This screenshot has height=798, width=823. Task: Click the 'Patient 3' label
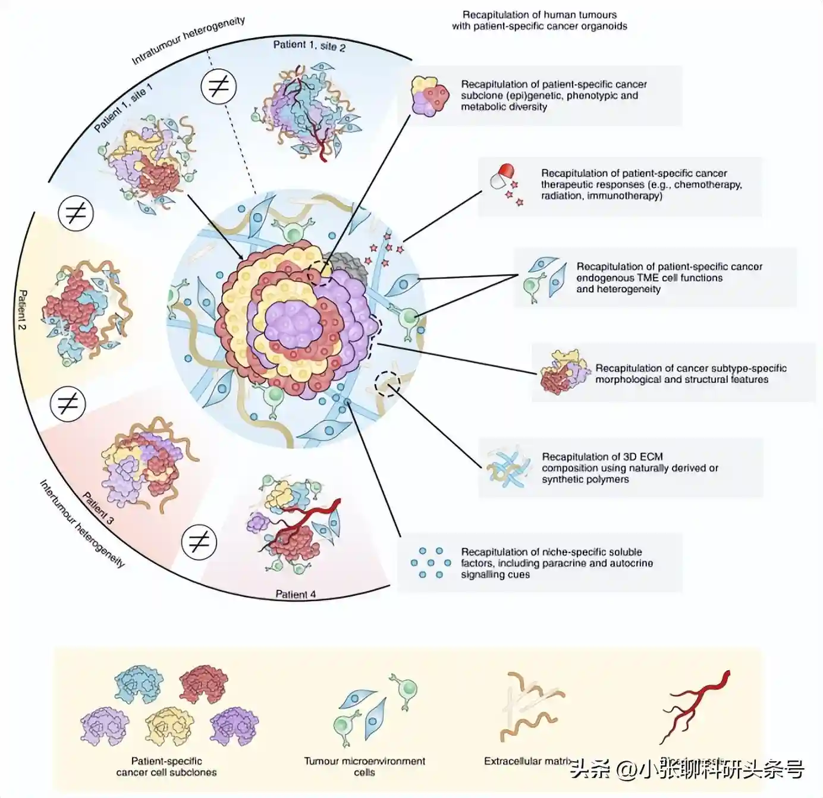(98, 507)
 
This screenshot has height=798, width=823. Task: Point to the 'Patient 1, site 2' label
(309, 46)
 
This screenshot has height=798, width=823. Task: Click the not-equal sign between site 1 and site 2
(218, 87)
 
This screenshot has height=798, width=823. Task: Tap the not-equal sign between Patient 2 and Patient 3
(68, 404)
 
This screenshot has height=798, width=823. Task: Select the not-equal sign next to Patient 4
(199, 542)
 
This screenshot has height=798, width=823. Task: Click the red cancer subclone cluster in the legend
(204, 684)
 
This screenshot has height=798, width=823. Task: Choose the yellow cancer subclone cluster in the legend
(169, 725)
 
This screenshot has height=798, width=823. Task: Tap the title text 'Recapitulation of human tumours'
(539, 14)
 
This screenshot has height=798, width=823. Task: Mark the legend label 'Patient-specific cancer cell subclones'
(167, 766)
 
